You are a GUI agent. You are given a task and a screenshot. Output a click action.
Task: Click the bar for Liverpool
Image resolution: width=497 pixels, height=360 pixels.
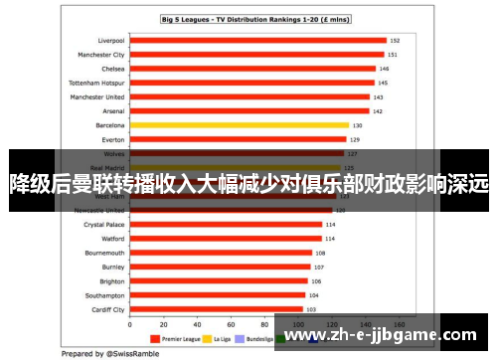pyautogui.click(x=257, y=41)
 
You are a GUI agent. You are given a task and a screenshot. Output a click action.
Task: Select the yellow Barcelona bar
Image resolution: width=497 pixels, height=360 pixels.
pyautogui.click(x=239, y=125)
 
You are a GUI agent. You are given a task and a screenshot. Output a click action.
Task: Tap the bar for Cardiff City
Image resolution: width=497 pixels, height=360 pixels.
pyautogui.click(x=217, y=309)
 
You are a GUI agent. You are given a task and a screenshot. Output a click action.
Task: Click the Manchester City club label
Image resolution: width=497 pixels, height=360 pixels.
pyautogui.click(x=96, y=55)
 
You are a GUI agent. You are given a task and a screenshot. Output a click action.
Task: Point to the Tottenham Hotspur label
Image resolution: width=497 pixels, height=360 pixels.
pyautogui.click(x=95, y=83)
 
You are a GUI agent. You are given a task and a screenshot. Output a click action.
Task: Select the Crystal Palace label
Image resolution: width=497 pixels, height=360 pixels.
pyautogui.click(x=103, y=225)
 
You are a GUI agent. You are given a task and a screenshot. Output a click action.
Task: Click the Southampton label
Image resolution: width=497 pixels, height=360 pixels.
pyautogui.click(x=105, y=295)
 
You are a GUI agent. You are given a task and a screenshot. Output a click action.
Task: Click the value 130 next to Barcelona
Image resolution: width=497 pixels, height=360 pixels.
pyautogui.click(x=356, y=125)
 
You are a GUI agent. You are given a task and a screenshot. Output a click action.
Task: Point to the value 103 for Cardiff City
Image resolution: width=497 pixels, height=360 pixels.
pyautogui.click(x=311, y=309)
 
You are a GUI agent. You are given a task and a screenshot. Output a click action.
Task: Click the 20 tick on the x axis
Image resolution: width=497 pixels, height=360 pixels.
pyautogui.click(x=164, y=323)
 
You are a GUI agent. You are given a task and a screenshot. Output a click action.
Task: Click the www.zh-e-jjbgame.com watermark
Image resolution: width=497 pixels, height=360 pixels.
pyautogui.click(x=383, y=334)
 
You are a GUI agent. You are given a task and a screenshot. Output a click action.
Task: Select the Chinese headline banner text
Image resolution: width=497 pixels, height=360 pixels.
pyautogui.click(x=248, y=183)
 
